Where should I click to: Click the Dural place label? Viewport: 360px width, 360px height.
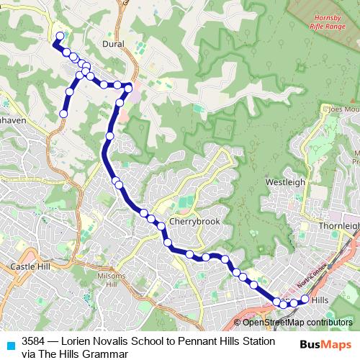(114, 44)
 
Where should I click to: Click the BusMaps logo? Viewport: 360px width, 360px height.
(325, 346)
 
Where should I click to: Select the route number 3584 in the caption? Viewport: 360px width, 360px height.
(35, 341)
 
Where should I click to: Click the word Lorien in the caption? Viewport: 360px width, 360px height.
(78, 341)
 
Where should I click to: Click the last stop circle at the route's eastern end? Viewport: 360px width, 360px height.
(305, 299)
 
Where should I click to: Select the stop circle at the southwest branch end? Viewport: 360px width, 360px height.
(63, 114)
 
